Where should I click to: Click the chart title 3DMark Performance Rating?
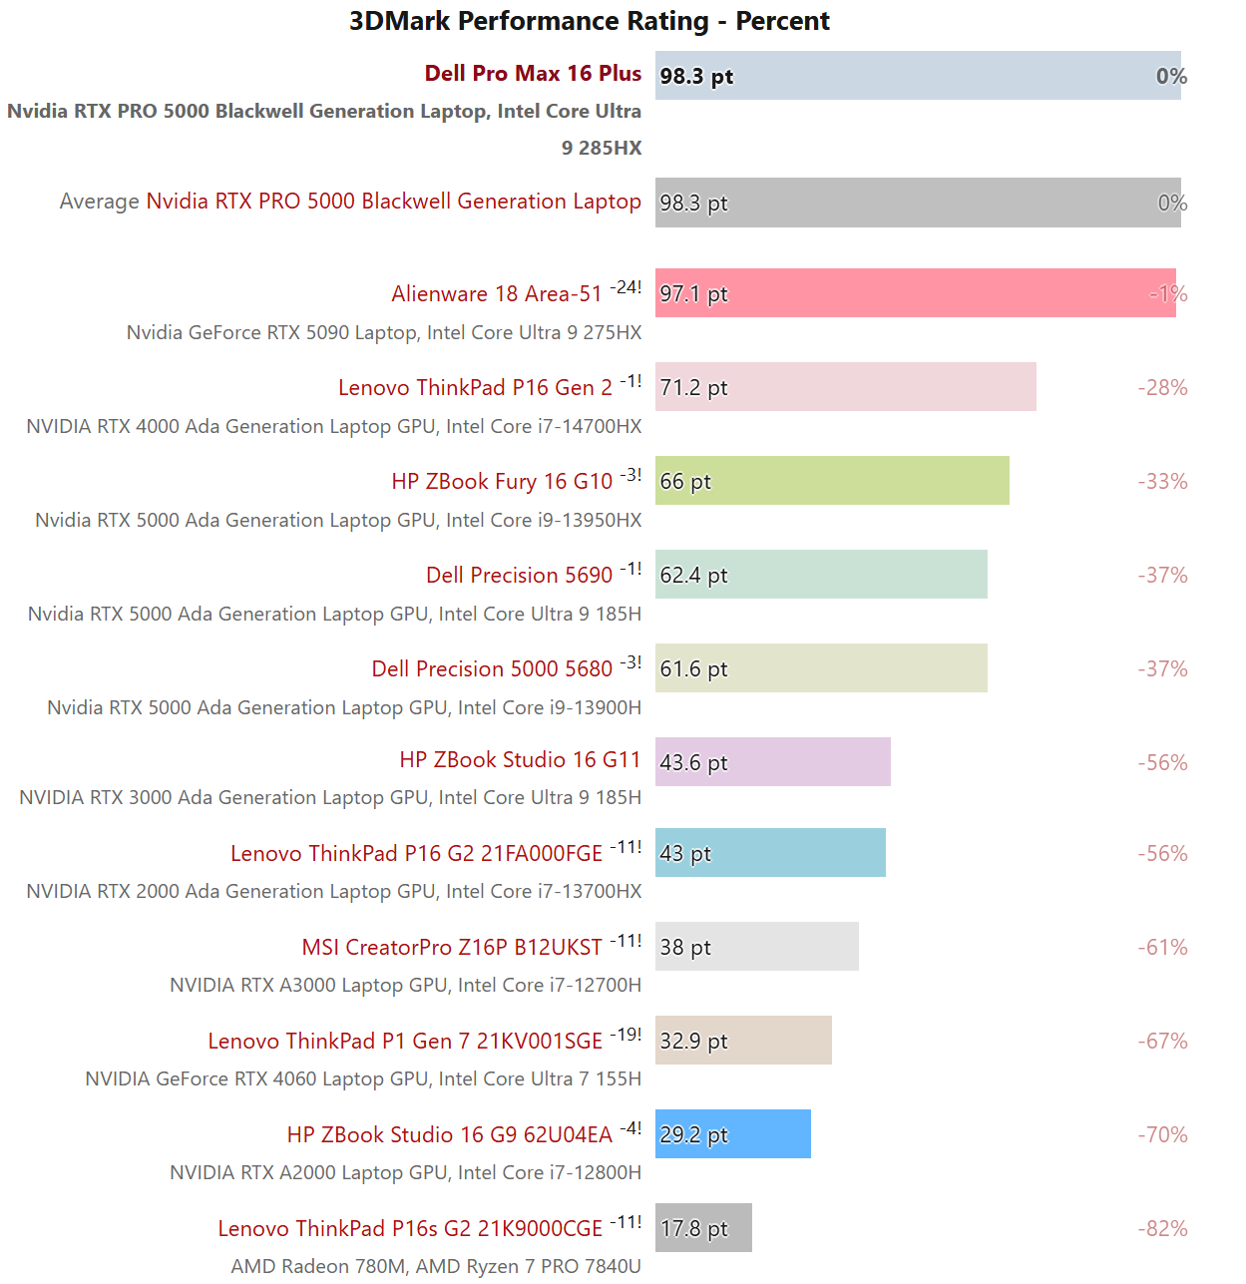589,21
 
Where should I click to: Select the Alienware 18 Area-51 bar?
915,293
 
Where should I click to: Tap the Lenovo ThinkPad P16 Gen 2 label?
475,388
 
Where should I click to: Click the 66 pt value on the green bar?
685,482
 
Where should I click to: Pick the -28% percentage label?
1162,388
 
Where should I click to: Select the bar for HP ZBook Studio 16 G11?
772,762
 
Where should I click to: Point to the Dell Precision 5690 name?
519,576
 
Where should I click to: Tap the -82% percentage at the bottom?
1162,1229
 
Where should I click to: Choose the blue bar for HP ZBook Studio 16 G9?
732,1134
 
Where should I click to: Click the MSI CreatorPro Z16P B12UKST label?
452,948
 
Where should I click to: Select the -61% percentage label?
1162,948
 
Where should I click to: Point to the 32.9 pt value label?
693,1042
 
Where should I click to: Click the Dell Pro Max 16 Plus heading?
533,74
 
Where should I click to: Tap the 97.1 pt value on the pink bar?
693,294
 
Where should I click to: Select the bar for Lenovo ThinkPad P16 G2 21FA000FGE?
770,853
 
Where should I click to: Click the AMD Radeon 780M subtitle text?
436,1267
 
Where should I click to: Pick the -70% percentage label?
1162,1135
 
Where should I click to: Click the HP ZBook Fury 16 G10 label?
502,482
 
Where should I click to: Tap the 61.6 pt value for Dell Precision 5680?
693,669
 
